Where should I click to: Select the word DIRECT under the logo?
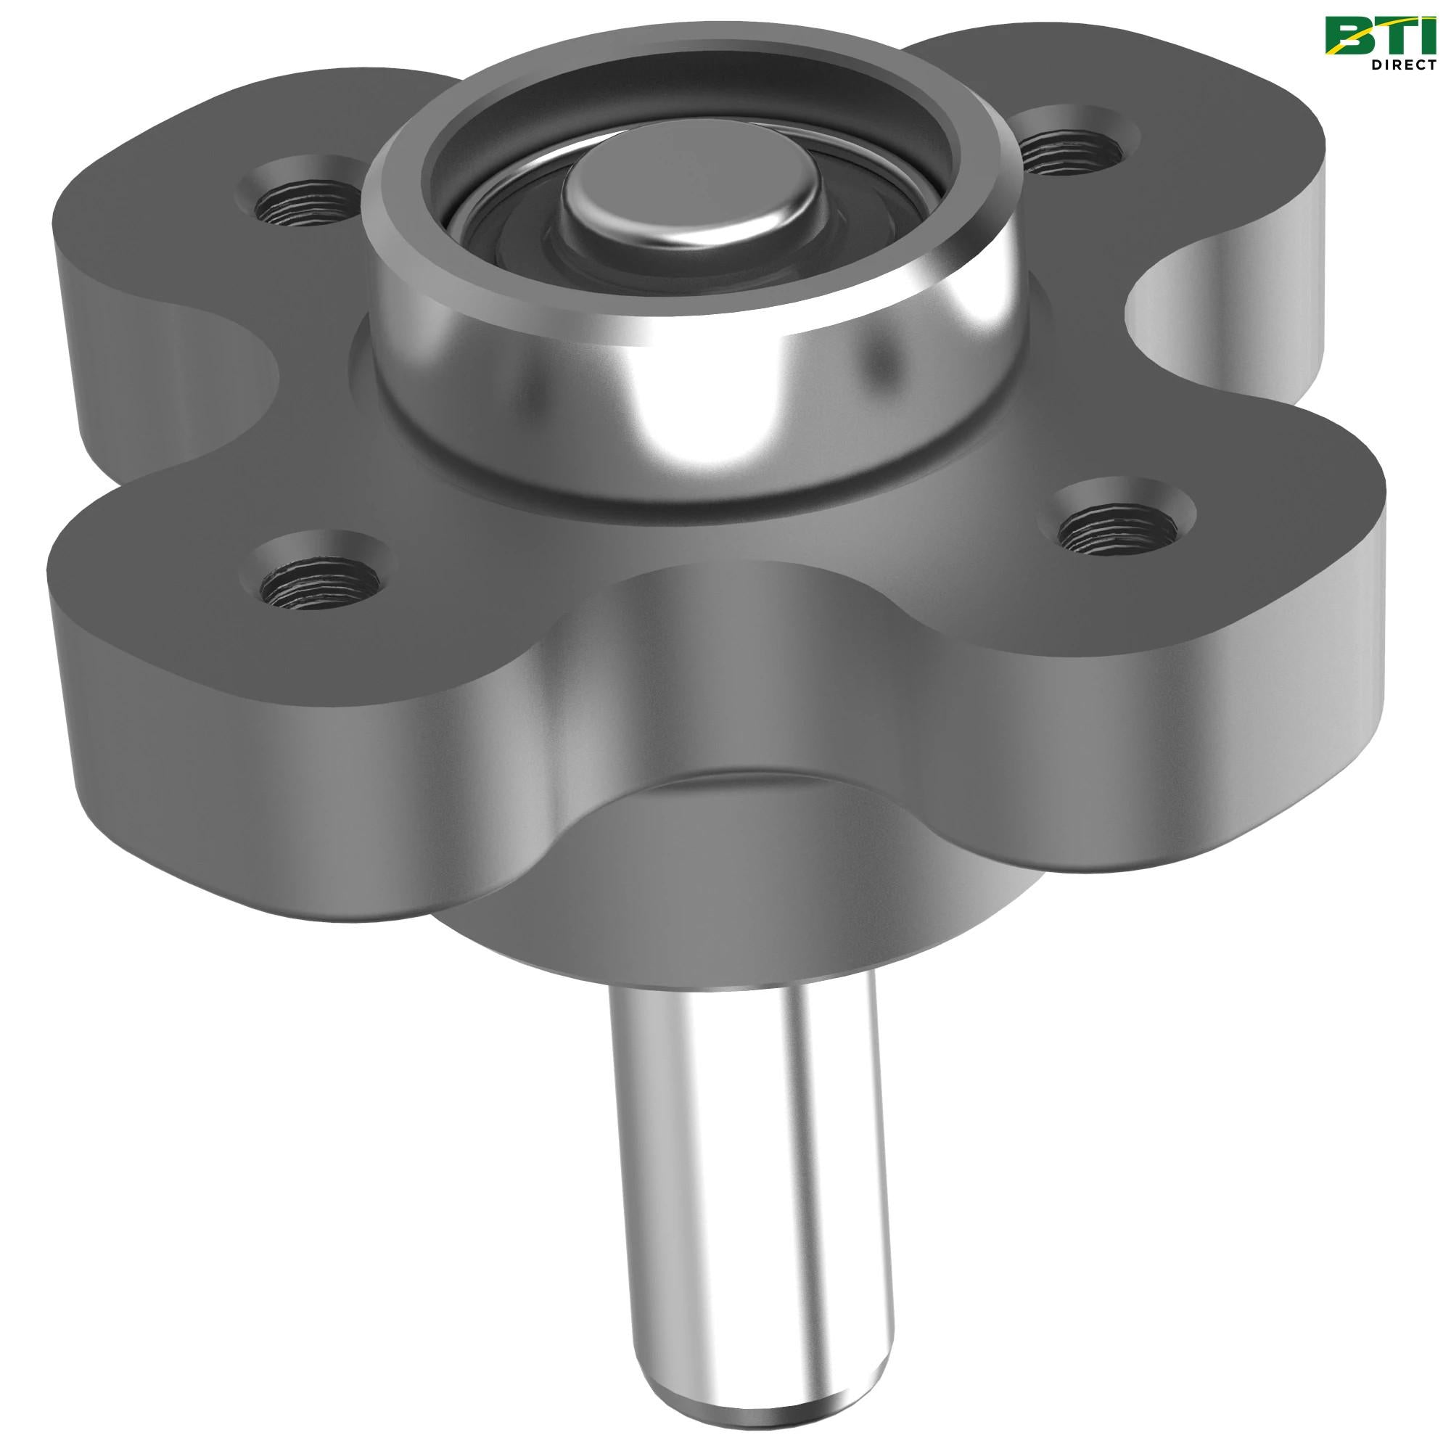tap(1399, 65)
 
